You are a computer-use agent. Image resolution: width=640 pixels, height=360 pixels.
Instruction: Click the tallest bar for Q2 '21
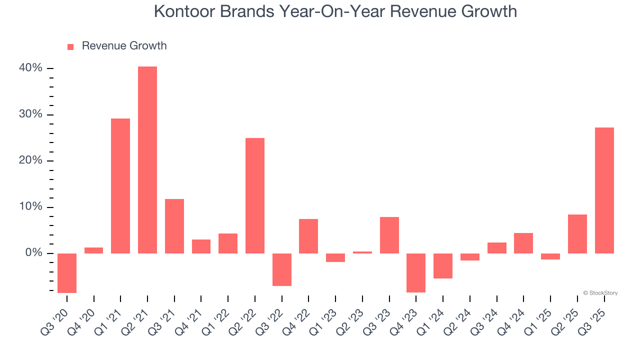tap(147, 160)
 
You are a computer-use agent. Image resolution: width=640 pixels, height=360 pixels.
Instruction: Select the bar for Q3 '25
tap(604, 190)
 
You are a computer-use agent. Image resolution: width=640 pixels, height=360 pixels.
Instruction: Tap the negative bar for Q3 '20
tap(67, 273)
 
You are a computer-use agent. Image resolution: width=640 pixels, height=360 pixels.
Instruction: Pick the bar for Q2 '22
tap(255, 195)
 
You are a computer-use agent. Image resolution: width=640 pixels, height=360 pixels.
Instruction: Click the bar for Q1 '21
tap(120, 186)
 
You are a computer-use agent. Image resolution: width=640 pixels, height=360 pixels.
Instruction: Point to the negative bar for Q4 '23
tap(416, 272)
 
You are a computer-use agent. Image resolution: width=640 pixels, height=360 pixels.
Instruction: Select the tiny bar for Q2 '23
tap(362, 252)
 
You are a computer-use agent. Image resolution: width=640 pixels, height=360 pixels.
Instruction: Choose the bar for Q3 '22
tap(282, 269)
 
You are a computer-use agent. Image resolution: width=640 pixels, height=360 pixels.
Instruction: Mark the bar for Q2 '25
tap(577, 234)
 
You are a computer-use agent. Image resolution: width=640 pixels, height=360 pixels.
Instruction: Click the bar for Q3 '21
tap(174, 226)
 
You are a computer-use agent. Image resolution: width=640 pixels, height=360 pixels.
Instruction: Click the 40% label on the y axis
tap(31, 68)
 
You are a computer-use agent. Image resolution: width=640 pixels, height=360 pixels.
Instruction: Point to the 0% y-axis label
tap(33, 253)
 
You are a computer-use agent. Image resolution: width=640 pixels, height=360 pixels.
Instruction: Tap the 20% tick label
tap(31, 161)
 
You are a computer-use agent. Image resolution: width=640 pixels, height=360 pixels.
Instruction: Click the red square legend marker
tap(70, 46)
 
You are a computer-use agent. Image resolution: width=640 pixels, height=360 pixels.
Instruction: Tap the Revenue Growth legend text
tap(124, 46)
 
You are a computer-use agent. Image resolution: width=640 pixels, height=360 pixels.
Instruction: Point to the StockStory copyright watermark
tap(600, 293)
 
